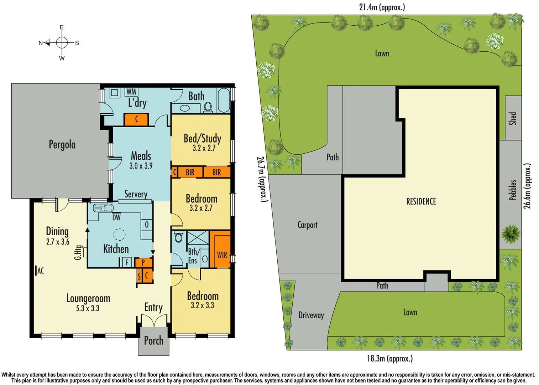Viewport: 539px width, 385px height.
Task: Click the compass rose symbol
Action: (x=62, y=43)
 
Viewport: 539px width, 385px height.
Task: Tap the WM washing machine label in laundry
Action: (x=131, y=92)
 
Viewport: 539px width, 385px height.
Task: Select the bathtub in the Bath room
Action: (x=224, y=100)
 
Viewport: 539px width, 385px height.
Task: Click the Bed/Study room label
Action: (x=202, y=138)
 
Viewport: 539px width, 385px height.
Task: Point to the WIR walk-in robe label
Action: (x=222, y=255)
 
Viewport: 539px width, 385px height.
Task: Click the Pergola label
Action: (x=62, y=145)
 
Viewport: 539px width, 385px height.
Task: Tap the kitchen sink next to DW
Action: (x=103, y=208)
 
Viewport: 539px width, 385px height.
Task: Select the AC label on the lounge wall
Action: (x=41, y=271)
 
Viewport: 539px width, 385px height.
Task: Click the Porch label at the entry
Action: (x=153, y=341)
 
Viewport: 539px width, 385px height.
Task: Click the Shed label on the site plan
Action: (x=512, y=118)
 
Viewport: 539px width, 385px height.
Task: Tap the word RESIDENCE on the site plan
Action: (x=421, y=201)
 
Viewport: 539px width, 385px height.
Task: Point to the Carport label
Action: (x=307, y=225)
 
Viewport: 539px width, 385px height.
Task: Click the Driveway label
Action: (x=311, y=315)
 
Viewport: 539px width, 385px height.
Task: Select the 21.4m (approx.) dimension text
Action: (x=382, y=7)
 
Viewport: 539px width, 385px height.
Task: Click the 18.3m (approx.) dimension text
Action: (x=390, y=358)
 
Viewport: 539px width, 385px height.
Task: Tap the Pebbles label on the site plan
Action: (x=512, y=190)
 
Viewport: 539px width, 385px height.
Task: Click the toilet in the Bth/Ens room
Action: (x=178, y=237)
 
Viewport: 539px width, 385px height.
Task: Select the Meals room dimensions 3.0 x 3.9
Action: (x=141, y=166)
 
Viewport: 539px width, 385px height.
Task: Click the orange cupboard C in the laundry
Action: (x=136, y=119)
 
